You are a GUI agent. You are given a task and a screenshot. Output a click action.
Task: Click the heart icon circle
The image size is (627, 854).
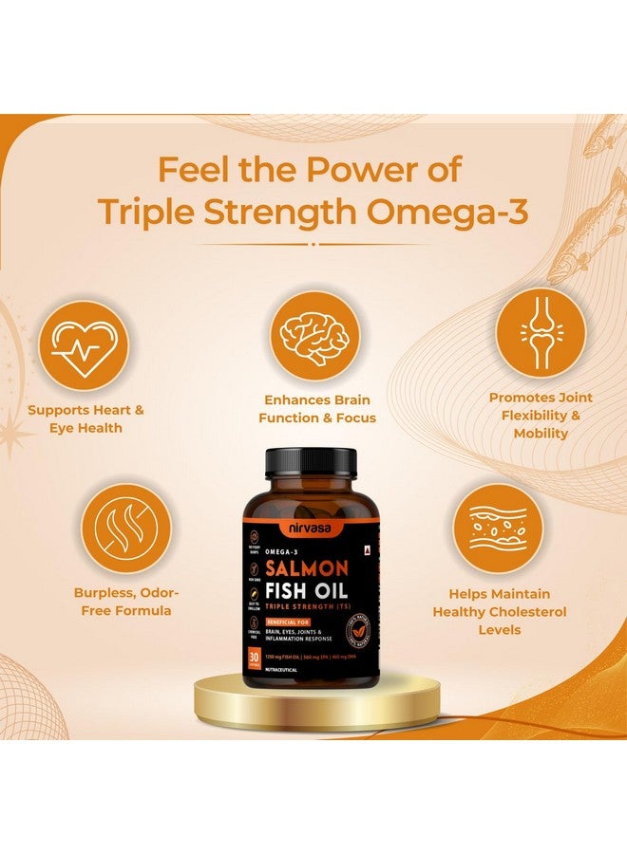point(83,345)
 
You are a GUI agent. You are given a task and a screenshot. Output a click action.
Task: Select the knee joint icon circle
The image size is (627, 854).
point(541,332)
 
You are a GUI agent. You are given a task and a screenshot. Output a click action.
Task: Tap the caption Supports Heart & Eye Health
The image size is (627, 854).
point(85,419)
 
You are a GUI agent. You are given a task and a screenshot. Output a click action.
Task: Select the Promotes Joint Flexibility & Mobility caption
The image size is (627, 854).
point(541,415)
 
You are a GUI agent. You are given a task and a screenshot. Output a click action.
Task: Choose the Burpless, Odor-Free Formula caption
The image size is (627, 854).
point(125,601)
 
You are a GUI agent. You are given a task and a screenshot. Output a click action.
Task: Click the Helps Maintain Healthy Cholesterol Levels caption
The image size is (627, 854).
point(500,611)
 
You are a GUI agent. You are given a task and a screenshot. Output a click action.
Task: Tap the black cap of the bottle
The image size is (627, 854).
point(313,462)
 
